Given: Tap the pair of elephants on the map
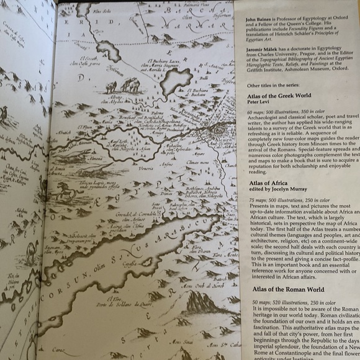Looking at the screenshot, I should [123, 84].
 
